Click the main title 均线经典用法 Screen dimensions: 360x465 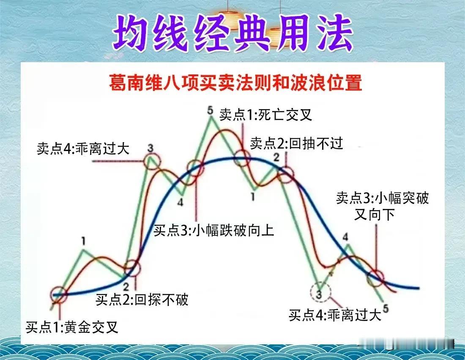click(x=232, y=33)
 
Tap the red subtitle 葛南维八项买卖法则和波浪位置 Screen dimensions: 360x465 click(x=235, y=82)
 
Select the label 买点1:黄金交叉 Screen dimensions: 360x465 click(x=72, y=327)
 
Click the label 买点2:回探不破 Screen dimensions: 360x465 click(x=142, y=300)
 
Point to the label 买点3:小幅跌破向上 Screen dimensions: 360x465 click(x=214, y=231)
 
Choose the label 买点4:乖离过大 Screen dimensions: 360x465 click(x=335, y=315)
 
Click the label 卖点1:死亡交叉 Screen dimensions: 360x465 click(x=265, y=115)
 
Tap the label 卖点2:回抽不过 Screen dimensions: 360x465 click(x=296, y=144)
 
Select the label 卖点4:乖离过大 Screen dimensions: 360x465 click(x=83, y=149)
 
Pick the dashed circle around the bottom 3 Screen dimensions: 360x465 click(x=320, y=293)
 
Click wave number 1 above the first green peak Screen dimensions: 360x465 click(x=84, y=242)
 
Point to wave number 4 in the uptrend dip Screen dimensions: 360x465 click(x=181, y=202)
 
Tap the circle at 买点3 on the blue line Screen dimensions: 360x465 click(x=195, y=169)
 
